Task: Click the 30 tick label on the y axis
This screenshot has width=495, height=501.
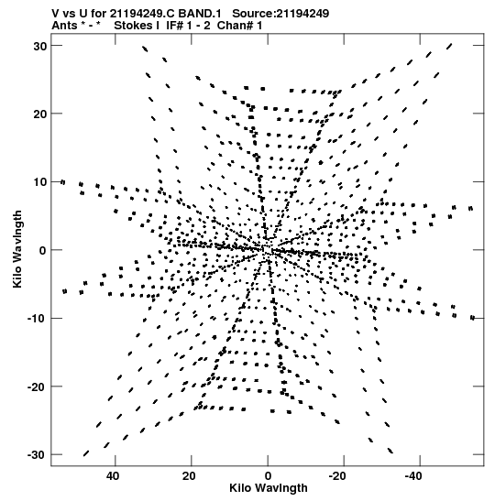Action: coord(40,46)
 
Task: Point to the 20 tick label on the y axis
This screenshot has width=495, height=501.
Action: coord(40,114)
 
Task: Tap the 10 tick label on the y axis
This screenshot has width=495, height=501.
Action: coord(40,182)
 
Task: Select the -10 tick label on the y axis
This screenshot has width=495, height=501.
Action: coord(37,319)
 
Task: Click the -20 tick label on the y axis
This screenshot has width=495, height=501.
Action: coord(37,387)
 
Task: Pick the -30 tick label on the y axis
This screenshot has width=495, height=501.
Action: coord(37,454)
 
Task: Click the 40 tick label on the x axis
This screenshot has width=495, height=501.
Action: coord(113,476)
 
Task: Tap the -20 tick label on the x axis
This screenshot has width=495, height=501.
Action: coord(337,476)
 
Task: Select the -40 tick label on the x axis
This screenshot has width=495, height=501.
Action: coord(413,476)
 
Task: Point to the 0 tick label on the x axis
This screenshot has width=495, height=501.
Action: coord(268,476)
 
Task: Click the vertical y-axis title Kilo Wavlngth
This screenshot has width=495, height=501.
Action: coord(17,249)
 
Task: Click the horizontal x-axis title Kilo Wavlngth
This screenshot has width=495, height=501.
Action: coord(269,488)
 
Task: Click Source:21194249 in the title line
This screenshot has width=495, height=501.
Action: coord(280,14)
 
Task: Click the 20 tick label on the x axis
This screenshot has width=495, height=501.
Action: coord(189,476)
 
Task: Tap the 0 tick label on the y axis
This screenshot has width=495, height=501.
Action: coord(43,251)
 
